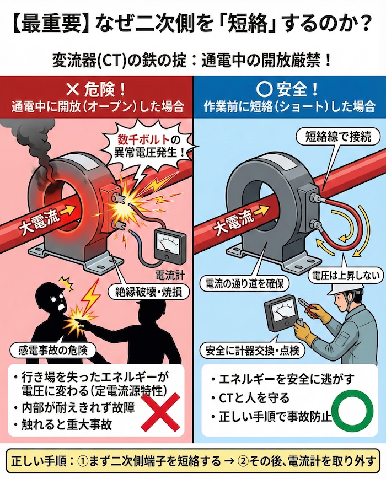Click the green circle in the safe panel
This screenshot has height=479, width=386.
pyautogui.click(x=352, y=413)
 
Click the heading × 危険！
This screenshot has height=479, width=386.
pyautogui.click(x=96, y=89)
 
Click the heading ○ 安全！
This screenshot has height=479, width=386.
pyautogui.click(x=288, y=89)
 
